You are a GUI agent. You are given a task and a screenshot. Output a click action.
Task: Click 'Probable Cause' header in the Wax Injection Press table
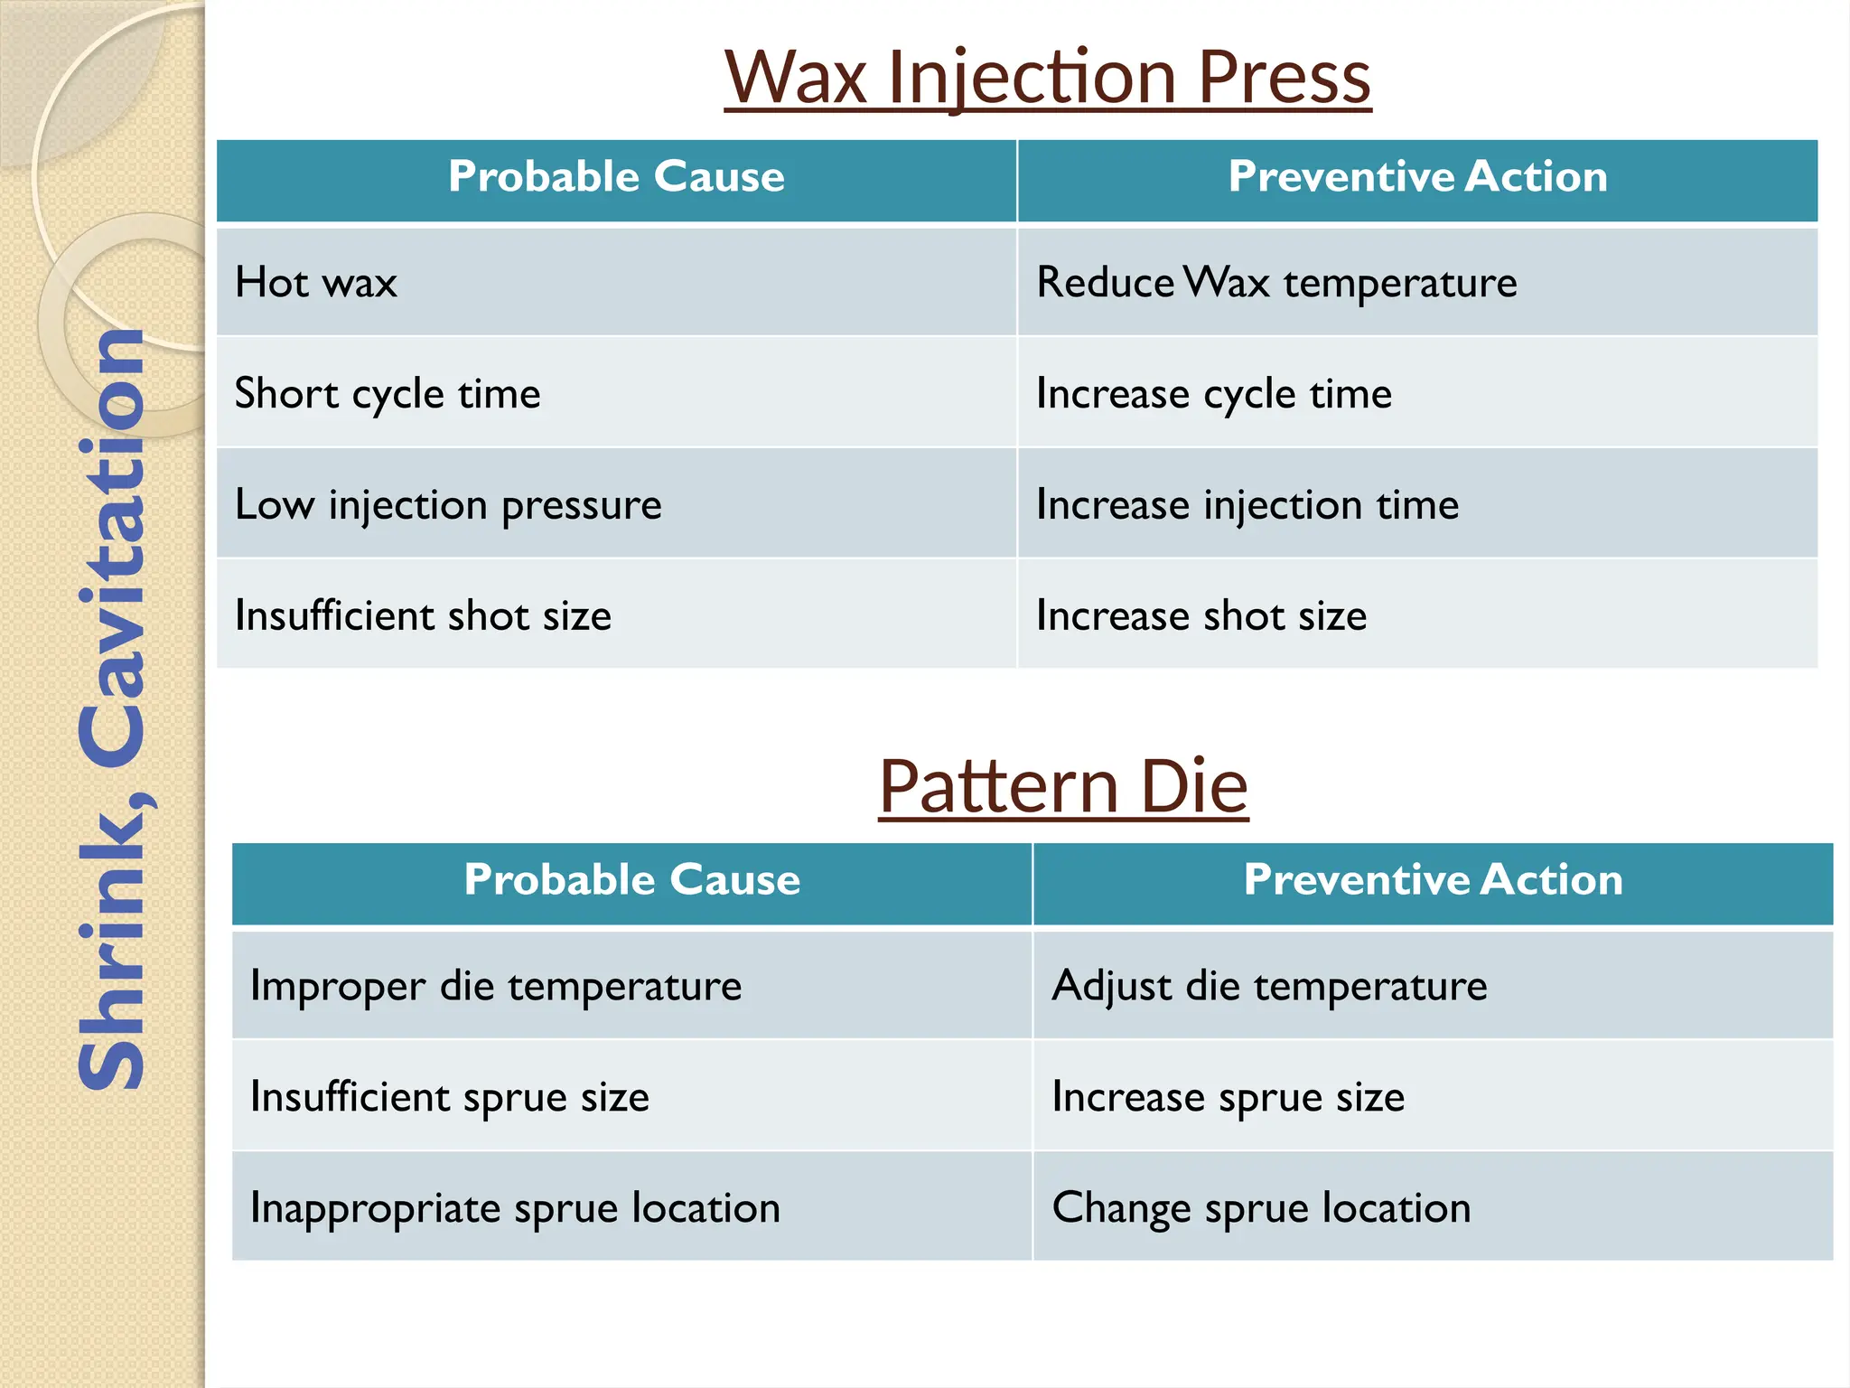click(616, 177)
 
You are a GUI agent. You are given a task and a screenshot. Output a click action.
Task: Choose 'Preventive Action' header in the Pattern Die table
click(1433, 880)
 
